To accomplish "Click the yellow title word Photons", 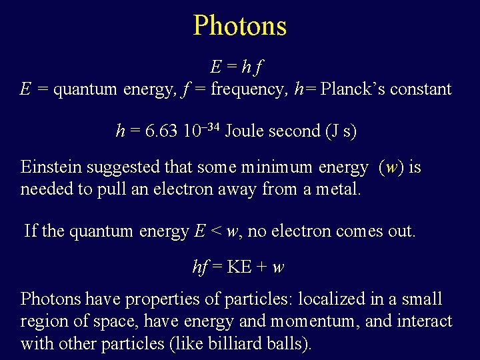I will coord(240,26).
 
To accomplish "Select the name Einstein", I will coord(50,167).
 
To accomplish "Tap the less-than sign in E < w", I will coord(216,232).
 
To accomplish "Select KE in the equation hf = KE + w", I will coord(239,267).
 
